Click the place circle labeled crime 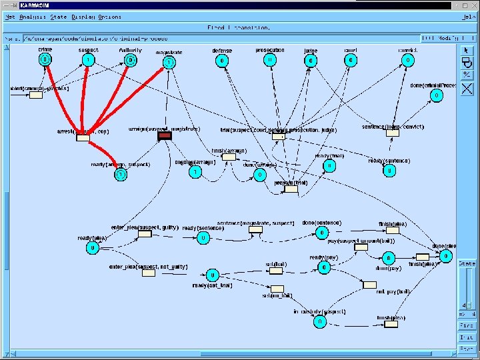[x=45, y=60]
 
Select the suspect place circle [x=88, y=60]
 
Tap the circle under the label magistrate [x=169, y=63]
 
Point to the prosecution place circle [x=269, y=60]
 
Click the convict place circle [x=407, y=60]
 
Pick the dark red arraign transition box [x=165, y=136]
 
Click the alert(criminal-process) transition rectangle [x=36, y=95]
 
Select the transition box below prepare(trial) [x=291, y=189]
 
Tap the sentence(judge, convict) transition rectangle [x=393, y=133]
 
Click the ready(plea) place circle [x=92, y=248]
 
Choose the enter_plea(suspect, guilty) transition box [x=144, y=234]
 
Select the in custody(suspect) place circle [x=319, y=322]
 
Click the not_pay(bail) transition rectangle [x=370, y=285]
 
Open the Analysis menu [x=33, y=17]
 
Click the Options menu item [x=111, y=17]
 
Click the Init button [x=467, y=337]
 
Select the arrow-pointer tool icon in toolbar [x=467, y=50]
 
